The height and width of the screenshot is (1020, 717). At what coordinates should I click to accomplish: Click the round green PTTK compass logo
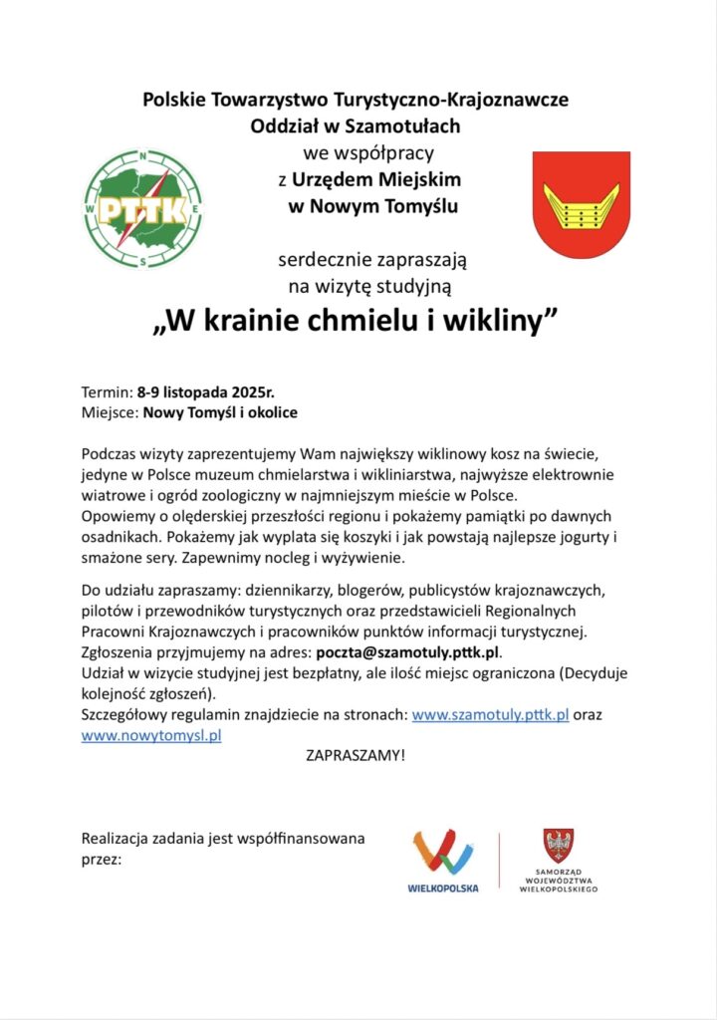point(144,207)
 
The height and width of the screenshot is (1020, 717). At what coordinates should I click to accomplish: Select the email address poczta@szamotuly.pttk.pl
point(406,653)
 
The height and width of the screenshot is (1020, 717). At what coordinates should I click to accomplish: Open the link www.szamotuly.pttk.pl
point(490,715)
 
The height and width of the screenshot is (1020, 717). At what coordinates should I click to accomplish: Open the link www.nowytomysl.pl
point(150,735)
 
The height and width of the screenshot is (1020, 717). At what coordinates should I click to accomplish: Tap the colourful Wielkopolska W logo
point(443,853)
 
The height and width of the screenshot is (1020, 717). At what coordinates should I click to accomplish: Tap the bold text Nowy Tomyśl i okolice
point(220,410)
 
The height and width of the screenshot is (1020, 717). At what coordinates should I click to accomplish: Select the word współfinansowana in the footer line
point(301,838)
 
